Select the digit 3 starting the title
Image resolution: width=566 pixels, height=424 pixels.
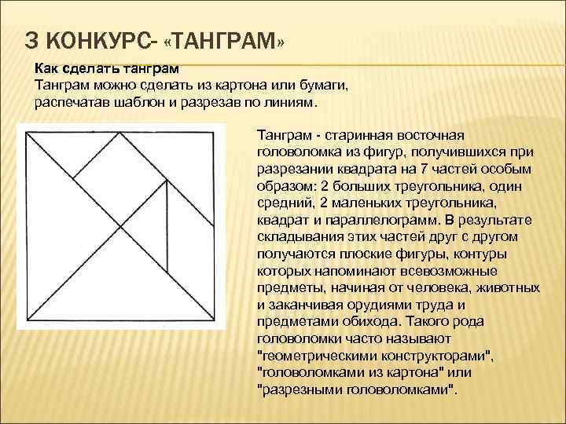31,39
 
